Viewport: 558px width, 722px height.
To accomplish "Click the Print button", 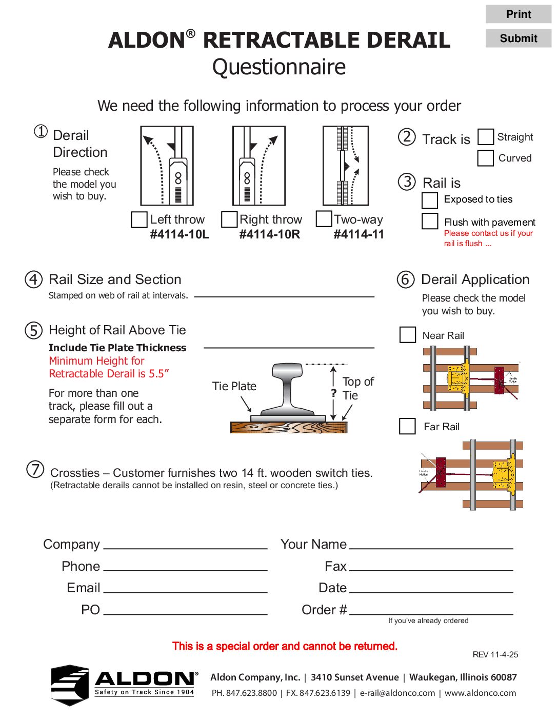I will click(x=518, y=14).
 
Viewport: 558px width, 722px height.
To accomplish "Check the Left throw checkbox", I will click(x=139, y=219).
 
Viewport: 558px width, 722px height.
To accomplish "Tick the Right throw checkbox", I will click(x=229, y=219).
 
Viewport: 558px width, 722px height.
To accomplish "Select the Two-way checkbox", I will click(x=324, y=218).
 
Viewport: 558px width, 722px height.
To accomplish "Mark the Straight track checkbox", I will click(x=486, y=137).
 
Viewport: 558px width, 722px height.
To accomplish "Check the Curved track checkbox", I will click(x=486, y=158).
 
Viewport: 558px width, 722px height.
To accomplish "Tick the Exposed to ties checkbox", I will click(x=430, y=200).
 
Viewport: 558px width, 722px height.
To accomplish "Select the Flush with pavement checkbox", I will click(x=430, y=221).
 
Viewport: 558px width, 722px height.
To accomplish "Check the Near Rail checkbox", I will click(x=408, y=335).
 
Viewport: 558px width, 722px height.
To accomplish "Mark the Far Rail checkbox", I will click(x=408, y=426).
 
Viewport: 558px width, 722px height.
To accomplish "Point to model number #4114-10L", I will click(x=180, y=234).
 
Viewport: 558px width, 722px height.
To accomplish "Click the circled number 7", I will click(x=35, y=469).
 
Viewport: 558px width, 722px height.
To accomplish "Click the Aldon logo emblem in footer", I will click(x=70, y=685).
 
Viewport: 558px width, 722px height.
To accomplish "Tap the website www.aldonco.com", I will click(x=480, y=693).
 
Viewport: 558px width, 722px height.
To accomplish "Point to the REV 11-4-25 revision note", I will click(x=495, y=654).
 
